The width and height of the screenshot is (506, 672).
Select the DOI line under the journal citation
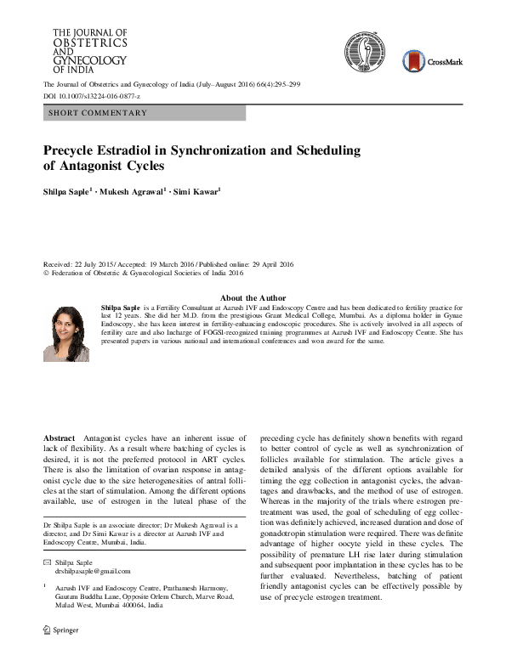click(92, 97)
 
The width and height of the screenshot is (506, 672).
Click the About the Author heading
click(253, 297)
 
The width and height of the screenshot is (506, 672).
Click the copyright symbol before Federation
click(47, 274)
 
